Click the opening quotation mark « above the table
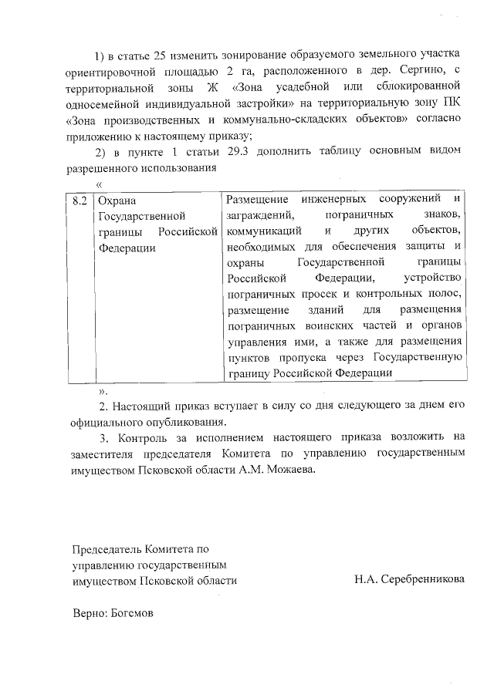pyautogui.click(x=98, y=184)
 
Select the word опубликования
pyautogui.click(x=188, y=423)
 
